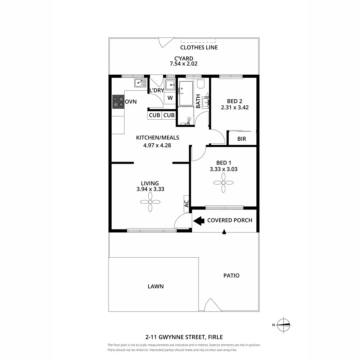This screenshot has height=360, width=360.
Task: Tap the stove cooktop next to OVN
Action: click(118, 102)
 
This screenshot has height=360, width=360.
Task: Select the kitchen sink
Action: click(140, 82)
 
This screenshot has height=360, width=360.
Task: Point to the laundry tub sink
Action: click(170, 85)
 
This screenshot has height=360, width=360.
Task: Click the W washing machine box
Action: click(170, 98)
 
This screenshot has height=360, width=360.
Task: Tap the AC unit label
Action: click(187, 203)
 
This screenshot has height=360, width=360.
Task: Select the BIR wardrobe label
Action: click(242, 139)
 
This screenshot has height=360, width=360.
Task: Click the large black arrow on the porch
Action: click(199, 220)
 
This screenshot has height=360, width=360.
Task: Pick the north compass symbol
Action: click(284, 324)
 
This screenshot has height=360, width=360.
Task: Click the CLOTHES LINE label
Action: click(199, 47)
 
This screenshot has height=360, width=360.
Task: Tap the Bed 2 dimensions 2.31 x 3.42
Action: click(235, 108)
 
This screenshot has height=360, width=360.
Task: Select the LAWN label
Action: click(155, 286)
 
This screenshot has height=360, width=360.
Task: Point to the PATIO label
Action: click(231, 276)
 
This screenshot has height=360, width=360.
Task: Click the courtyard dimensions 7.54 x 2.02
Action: click(184, 64)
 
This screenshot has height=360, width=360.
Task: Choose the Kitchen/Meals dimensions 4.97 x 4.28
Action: click(157, 145)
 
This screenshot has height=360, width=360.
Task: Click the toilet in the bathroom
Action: click(200, 83)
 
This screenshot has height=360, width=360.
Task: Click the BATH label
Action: click(198, 101)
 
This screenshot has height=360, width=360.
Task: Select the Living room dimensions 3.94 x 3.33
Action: click(150, 189)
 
